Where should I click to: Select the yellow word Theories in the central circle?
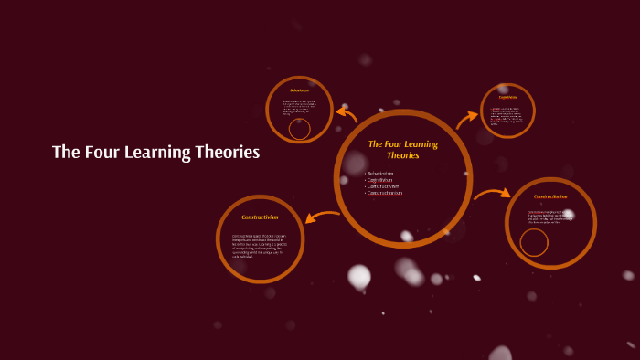pos(402,155)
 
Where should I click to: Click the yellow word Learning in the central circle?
pos(421,144)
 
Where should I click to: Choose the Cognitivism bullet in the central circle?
pos(380,180)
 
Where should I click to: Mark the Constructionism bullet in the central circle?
pos(385,193)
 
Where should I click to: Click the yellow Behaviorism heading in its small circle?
pos(299,90)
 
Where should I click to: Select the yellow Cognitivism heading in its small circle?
pos(507,97)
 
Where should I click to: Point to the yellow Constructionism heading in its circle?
pos(550,196)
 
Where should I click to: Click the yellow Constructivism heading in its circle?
pos(260,217)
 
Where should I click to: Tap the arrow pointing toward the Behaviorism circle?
pos(347,114)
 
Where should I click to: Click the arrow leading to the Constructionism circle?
pos(492,193)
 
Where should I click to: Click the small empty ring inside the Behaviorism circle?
pos(299,129)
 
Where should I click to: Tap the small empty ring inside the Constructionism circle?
pos(534,242)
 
